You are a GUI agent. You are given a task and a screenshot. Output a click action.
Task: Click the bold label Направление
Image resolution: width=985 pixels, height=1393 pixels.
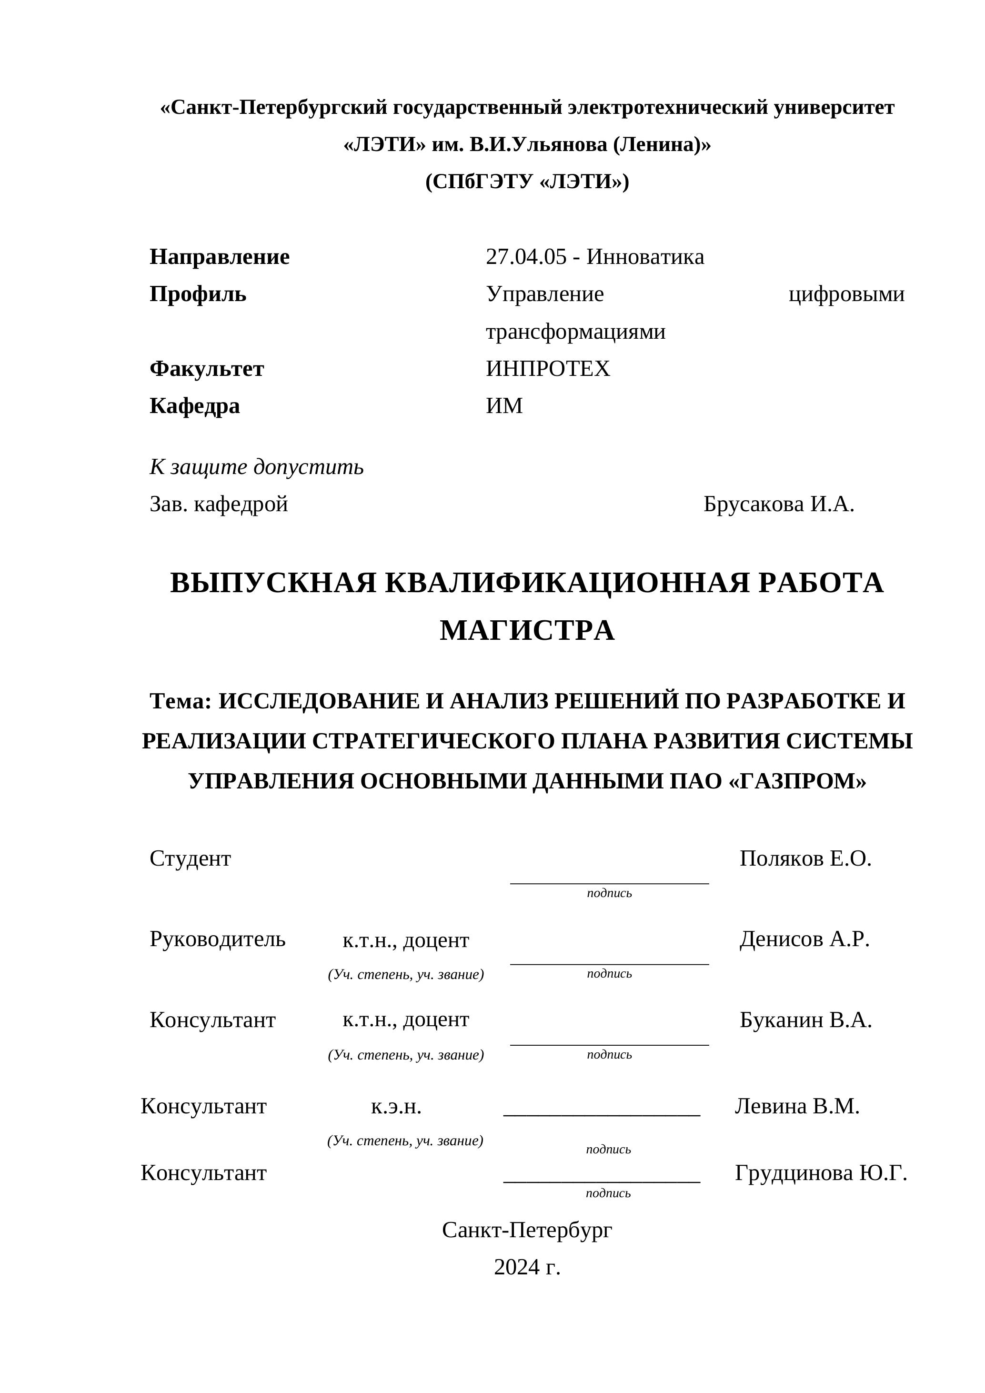(x=220, y=257)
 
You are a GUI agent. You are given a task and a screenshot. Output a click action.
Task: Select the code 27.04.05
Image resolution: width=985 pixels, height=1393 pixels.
(x=526, y=257)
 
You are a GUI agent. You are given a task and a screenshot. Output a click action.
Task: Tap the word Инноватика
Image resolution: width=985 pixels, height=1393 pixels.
(x=645, y=257)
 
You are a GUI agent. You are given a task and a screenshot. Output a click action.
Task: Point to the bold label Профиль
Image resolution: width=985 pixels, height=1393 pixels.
(x=198, y=294)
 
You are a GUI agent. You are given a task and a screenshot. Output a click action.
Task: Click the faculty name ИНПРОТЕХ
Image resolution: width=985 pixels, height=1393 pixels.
(x=548, y=369)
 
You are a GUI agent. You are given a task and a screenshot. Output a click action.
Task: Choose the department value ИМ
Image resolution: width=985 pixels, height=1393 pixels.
(x=504, y=406)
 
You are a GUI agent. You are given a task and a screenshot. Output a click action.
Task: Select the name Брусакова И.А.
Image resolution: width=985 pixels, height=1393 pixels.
(x=779, y=504)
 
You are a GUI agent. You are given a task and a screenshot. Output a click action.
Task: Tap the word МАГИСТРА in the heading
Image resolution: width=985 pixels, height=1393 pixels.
(x=527, y=630)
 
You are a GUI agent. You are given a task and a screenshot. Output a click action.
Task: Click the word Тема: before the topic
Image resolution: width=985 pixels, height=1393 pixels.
(x=181, y=701)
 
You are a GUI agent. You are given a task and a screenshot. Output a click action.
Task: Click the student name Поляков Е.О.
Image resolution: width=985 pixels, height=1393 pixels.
(x=805, y=859)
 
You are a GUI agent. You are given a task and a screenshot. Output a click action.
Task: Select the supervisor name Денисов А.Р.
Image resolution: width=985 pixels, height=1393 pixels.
(x=804, y=939)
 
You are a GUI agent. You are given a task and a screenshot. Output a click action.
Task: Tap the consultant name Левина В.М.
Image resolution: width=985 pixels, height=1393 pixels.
(x=797, y=1107)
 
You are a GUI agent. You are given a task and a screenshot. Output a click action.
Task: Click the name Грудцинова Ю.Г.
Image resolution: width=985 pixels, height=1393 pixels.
(x=821, y=1173)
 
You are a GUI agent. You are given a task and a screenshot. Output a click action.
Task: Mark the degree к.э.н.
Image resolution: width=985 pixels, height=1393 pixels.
(x=396, y=1107)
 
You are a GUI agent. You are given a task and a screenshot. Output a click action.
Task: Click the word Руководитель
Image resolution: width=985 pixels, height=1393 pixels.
(x=217, y=939)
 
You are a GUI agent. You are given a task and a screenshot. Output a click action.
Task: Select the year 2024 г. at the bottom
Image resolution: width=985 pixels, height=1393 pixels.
(x=527, y=1267)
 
